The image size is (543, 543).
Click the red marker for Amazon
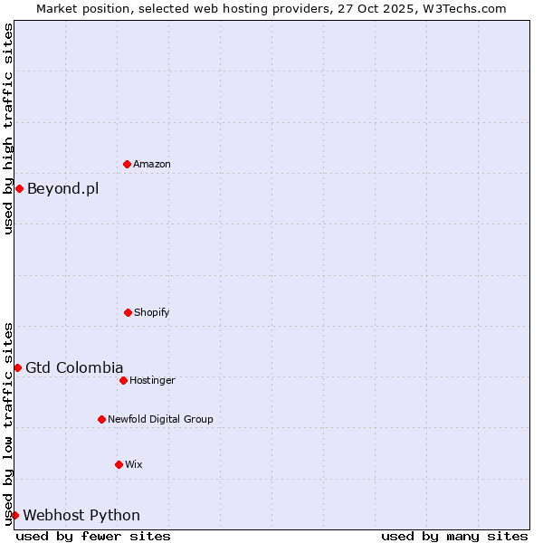(x=127, y=164)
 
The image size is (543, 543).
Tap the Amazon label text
(x=152, y=165)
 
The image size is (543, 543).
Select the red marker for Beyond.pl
(x=19, y=188)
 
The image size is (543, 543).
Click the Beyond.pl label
(x=62, y=189)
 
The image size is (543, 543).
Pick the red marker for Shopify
(x=128, y=312)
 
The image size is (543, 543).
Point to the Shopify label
(x=151, y=313)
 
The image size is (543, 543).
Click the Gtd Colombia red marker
(x=17, y=367)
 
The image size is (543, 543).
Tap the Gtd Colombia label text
(x=74, y=368)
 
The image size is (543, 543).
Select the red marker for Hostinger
(x=123, y=380)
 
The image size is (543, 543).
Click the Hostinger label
(x=152, y=381)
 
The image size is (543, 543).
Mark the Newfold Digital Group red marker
(x=101, y=419)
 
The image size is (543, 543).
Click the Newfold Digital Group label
(x=160, y=420)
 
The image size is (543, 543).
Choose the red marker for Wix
(x=119, y=464)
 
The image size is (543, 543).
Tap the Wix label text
(x=134, y=465)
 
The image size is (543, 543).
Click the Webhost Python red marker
(x=14, y=515)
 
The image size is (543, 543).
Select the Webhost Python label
(x=81, y=516)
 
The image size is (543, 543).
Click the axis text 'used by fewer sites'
(x=93, y=536)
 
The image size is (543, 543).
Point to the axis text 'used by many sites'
(x=454, y=536)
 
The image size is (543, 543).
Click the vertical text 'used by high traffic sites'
(x=8, y=129)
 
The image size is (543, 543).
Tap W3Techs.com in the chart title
(x=462, y=8)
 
